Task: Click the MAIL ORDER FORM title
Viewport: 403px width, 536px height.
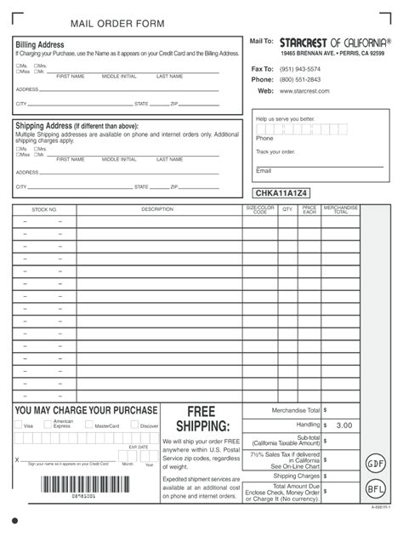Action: tap(117, 23)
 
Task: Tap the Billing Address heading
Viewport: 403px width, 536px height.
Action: tap(40, 44)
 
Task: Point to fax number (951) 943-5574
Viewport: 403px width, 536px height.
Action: tap(300, 69)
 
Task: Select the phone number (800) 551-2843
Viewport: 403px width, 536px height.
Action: tap(300, 80)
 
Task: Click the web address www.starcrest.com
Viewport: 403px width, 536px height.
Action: tap(305, 91)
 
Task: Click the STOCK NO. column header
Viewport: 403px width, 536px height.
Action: tap(44, 209)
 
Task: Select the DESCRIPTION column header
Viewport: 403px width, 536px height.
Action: tap(157, 209)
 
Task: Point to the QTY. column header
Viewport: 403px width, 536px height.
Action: tap(287, 209)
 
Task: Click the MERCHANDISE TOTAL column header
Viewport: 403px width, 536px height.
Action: tap(340, 209)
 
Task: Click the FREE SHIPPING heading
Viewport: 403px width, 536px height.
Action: tap(201, 418)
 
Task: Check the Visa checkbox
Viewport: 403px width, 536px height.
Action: tap(18, 425)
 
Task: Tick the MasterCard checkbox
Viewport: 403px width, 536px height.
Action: tap(89, 425)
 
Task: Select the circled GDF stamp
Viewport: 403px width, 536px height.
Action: tap(376, 465)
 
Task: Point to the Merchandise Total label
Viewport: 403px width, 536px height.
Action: tap(296, 410)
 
